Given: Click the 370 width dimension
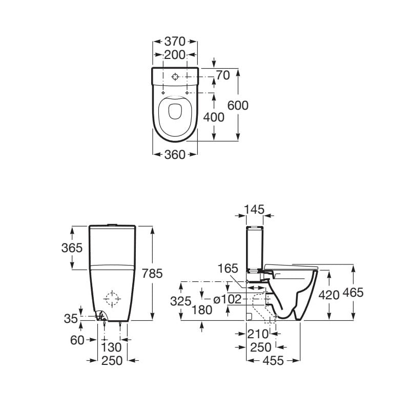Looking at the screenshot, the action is tap(175, 42).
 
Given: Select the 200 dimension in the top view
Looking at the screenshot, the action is tap(175, 55).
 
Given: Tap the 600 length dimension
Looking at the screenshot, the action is tap(238, 106).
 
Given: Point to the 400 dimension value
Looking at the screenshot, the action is tap(214, 117).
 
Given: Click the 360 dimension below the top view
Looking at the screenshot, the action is tap(175, 155).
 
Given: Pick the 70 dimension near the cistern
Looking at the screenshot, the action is tap(223, 75).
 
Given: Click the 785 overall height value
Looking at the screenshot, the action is tap(152, 273).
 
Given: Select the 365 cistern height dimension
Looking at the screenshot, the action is tap(72, 248).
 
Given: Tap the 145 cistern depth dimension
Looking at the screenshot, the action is tap(254, 210).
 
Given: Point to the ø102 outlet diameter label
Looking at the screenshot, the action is tap(227, 299).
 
